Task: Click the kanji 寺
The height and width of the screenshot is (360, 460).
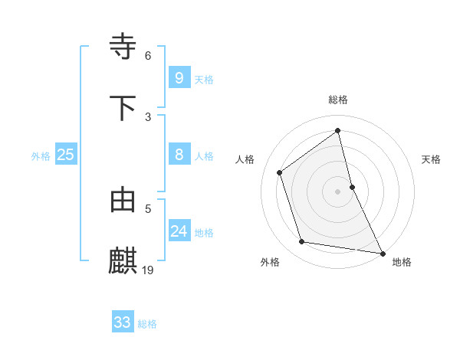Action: click(123, 46)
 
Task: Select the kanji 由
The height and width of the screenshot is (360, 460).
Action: click(123, 199)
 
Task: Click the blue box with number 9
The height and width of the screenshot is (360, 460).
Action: click(179, 77)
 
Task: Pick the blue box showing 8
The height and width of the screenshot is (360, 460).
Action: click(179, 155)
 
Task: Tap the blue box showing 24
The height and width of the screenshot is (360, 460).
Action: click(179, 231)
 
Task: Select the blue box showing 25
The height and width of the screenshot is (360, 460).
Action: click(66, 155)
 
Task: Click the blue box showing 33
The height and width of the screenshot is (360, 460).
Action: click(123, 322)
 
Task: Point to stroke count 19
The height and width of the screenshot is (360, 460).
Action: click(149, 269)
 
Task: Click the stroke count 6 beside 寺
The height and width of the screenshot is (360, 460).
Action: click(148, 55)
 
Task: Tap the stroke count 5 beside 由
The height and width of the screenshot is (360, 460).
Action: click(148, 208)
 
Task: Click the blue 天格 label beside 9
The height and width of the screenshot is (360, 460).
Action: click(204, 80)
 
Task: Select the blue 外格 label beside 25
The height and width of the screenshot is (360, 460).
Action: click(41, 156)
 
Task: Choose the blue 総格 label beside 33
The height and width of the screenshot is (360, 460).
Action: click(147, 324)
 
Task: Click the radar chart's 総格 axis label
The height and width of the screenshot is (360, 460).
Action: click(338, 100)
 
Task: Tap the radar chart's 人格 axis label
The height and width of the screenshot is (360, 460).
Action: click(245, 159)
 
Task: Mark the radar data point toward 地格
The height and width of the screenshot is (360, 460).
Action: click(381, 253)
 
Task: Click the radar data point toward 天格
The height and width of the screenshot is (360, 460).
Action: click(352, 186)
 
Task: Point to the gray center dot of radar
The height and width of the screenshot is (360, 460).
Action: click(338, 191)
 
